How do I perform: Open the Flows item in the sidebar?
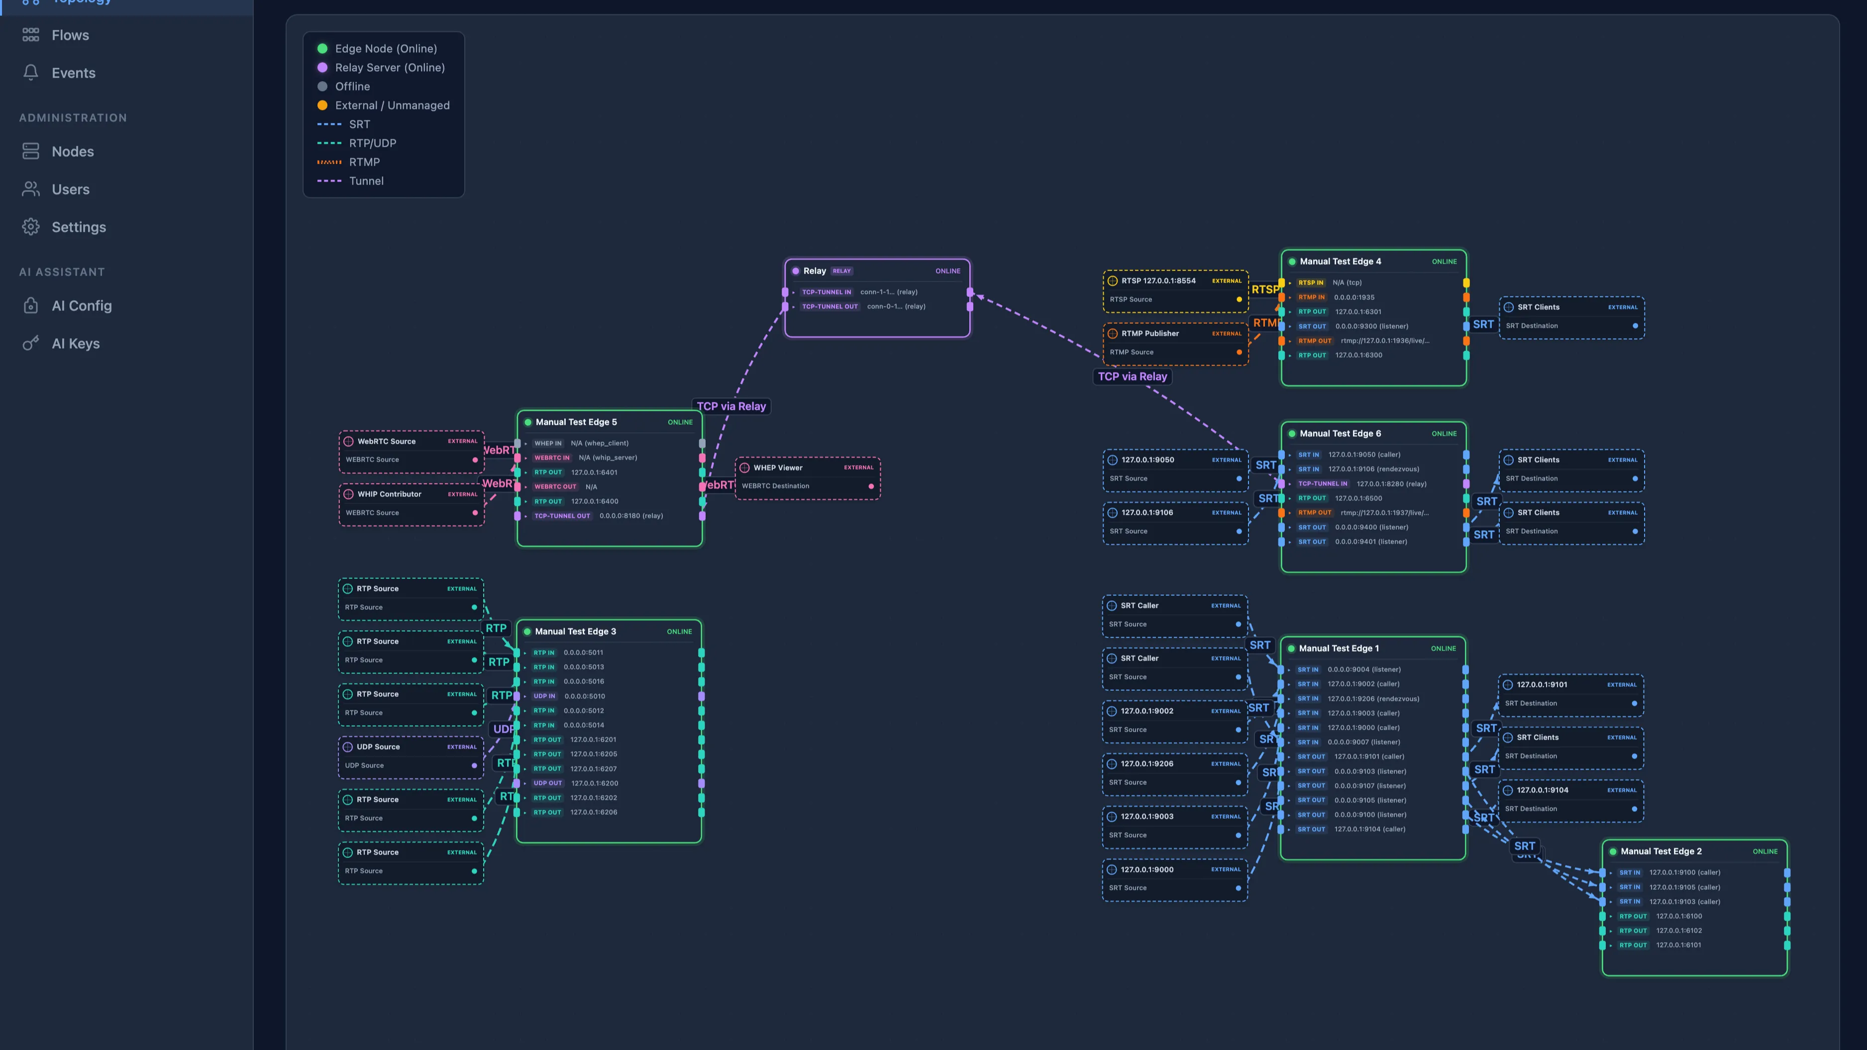click(x=70, y=35)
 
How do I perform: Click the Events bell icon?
click(x=30, y=73)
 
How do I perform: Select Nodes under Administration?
click(x=73, y=151)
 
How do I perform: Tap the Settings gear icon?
click(x=30, y=227)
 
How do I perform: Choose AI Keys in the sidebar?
click(x=75, y=344)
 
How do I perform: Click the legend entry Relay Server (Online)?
click(x=389, y=67)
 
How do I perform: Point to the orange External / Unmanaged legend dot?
click(x=322, y=105)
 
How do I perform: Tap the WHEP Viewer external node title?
click(x=778, y=468)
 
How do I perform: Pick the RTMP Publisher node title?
click(x=1149, y=333)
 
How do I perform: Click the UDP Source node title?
click(x=378, y=747)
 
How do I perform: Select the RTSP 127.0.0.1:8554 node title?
click(x=1158, y=281)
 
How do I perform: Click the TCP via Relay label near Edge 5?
click(x=730, y=406)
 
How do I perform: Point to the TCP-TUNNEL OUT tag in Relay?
click(x=829, y=306)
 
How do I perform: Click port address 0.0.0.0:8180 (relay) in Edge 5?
click(x=630, y=516)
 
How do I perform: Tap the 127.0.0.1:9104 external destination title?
click(x=1542, y=790)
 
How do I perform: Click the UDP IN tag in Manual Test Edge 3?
click(x=544, y=696)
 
